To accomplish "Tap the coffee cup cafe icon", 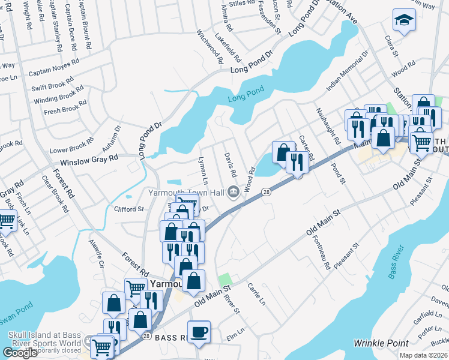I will (x=199, y=331).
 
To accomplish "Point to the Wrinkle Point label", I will (x=381, y=343).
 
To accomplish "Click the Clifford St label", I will (x=129, y=209).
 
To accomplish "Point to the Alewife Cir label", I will (x=95, y=254).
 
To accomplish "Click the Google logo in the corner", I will (x=20, y=353).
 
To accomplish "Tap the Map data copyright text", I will (x=424, y=355).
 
